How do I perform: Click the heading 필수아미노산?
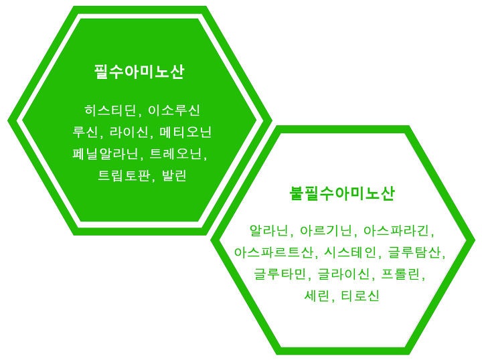point(139,72)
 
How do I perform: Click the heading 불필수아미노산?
point(342,193)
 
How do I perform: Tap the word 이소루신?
point(174,110)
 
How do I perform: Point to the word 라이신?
point(129,132)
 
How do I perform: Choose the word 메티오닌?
point(185,132)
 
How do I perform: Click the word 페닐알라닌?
point(106,154)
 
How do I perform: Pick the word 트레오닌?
point(175,154)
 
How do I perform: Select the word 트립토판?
point(124,176)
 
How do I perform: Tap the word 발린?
point(174,176)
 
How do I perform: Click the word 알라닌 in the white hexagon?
point(268,231)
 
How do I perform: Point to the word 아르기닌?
point(325,231)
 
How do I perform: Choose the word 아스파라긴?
point(396,231)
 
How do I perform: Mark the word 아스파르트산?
point(274,252)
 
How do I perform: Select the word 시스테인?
point(350,252)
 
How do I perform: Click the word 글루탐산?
point(414,252)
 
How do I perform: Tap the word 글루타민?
point(280,274)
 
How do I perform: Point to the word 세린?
point(317,296)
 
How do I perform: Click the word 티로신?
point(360,296)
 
